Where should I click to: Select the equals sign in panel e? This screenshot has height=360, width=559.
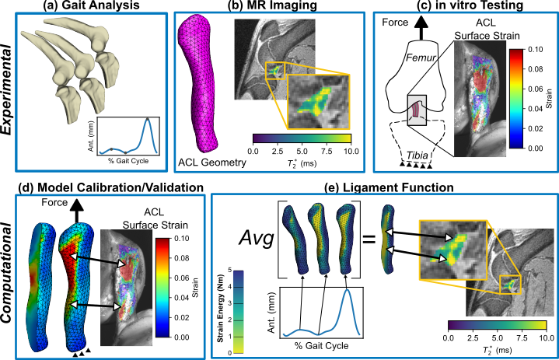[x=370, y=231]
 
